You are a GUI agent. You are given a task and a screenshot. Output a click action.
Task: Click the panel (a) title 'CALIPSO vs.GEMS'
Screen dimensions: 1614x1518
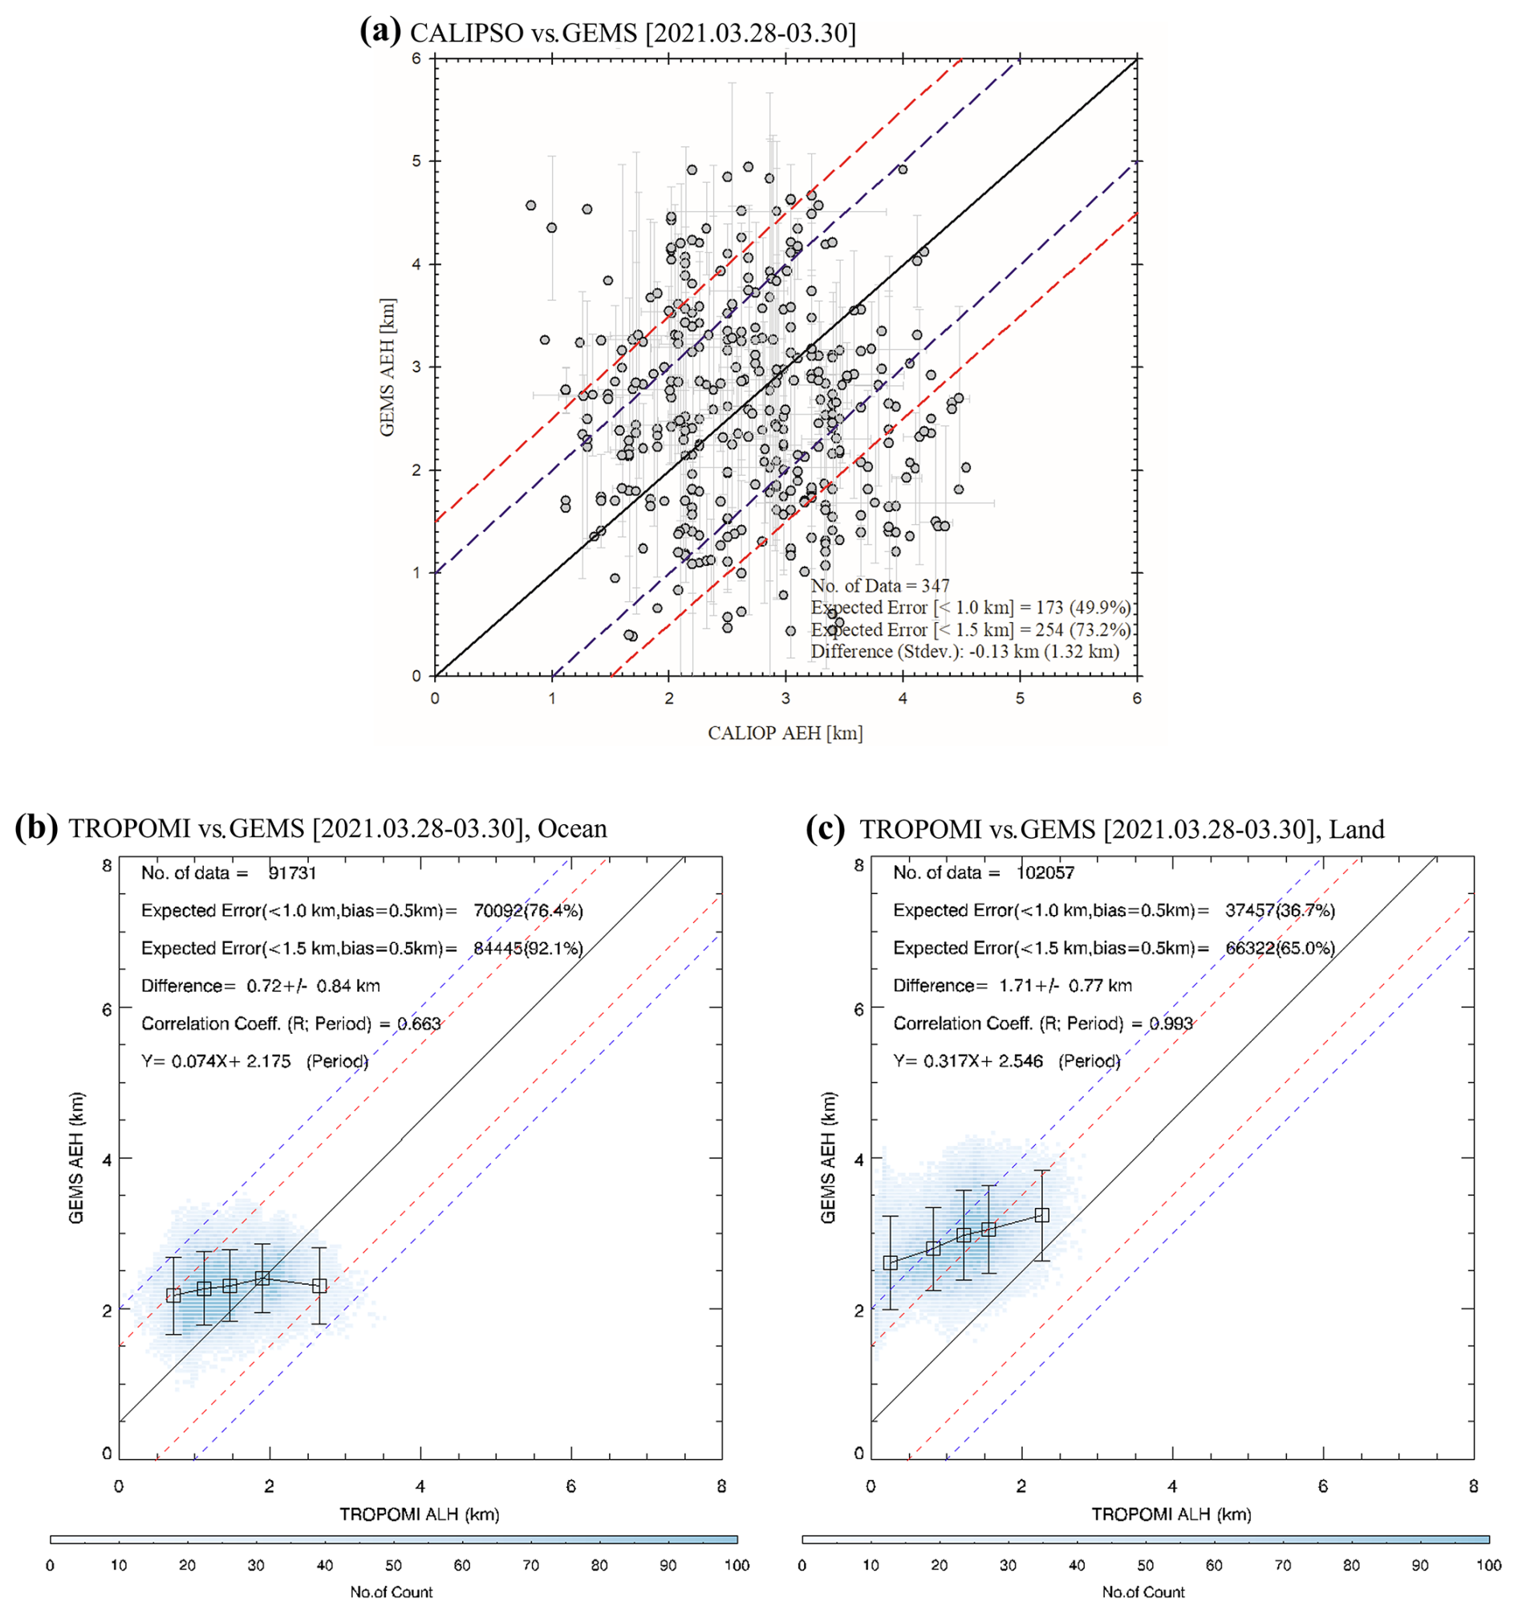pyautogui.click(x=633, y=32)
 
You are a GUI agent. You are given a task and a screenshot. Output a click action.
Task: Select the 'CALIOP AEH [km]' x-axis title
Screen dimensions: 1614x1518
pyautogui.click(x=785, y=733)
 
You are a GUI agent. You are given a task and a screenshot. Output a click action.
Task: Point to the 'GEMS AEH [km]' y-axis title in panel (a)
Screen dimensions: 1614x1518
pyautogui.click(x=388, y=368)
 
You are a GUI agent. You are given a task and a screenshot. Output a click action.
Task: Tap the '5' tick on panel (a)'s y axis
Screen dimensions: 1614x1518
pyautogui.click(x=416, y=161)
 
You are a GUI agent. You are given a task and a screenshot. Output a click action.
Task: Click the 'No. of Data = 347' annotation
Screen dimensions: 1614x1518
pyautogui.click(x=880, y=586)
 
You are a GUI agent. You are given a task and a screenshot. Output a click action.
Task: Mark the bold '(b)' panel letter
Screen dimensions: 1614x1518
pyautogui.click(x=37, y=827)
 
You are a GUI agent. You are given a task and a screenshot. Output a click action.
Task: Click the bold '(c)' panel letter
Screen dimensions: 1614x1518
pyautogui.click(x=827, y=827)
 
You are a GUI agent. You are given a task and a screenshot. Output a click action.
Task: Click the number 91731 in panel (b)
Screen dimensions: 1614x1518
pyautogui.click(x=292, y=873)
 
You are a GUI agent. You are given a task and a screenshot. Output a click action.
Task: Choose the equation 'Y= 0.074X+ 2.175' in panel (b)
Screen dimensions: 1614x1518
pyautogui.click(x=216, y=1062)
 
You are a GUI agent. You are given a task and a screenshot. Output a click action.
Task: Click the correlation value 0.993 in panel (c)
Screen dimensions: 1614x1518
pyautogui.click(x=1171, y=1024)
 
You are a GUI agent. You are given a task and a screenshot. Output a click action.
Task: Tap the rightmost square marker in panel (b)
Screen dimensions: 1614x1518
pyautogui.click(x=320, y=1286)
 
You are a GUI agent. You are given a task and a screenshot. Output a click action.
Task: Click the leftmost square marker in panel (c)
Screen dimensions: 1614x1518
pyautogui.click(x=891, y=1262)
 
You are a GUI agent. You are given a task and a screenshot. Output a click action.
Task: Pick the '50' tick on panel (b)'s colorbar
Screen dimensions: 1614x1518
pyautogui.click(x=394, y=1565)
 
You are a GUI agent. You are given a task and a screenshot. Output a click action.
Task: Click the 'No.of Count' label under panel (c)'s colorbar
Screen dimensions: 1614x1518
pyautogui.click(x=1143, y=1592)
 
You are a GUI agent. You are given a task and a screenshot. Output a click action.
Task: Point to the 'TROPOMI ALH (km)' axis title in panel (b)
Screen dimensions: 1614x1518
pyautogui.click(x=420, y=1514)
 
